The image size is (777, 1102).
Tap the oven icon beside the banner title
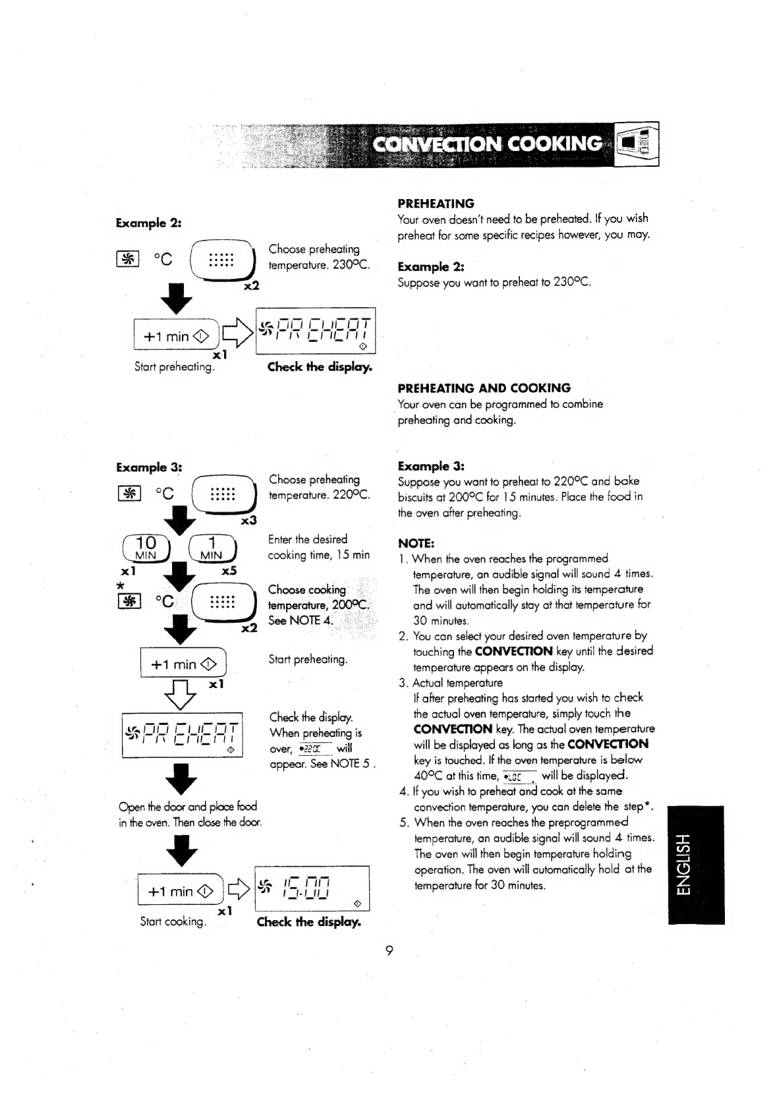[x=637, y=144]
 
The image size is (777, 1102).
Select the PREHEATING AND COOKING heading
[x=484, y=388]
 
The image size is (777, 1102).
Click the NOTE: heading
[x=416, y=544]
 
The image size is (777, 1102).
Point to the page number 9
[x=389, y=950]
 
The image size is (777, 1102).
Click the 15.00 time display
[x=311, y=887]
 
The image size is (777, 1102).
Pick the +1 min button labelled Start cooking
[x=180, y=892]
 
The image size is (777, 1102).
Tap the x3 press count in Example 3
[x=248, y=521]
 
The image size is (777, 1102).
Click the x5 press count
[x=229, y=571]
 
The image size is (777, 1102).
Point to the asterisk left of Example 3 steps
[x=120, y=586]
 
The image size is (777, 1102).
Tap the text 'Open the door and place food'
[x=188, y=807]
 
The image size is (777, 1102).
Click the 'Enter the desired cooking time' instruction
[x=318, y=547]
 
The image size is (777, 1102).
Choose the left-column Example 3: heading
[x=149, y=467]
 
